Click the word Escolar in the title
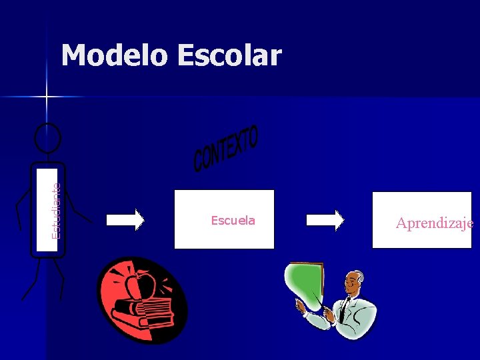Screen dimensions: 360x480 [229, 56]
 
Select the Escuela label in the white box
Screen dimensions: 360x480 [233, 221]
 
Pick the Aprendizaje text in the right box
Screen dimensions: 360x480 [434, 223]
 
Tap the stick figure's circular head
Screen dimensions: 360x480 [47, 139]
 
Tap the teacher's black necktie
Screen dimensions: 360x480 [344, 309]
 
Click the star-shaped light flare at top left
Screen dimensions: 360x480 [47, 97]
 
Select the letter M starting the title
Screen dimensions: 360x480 [76, 56]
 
